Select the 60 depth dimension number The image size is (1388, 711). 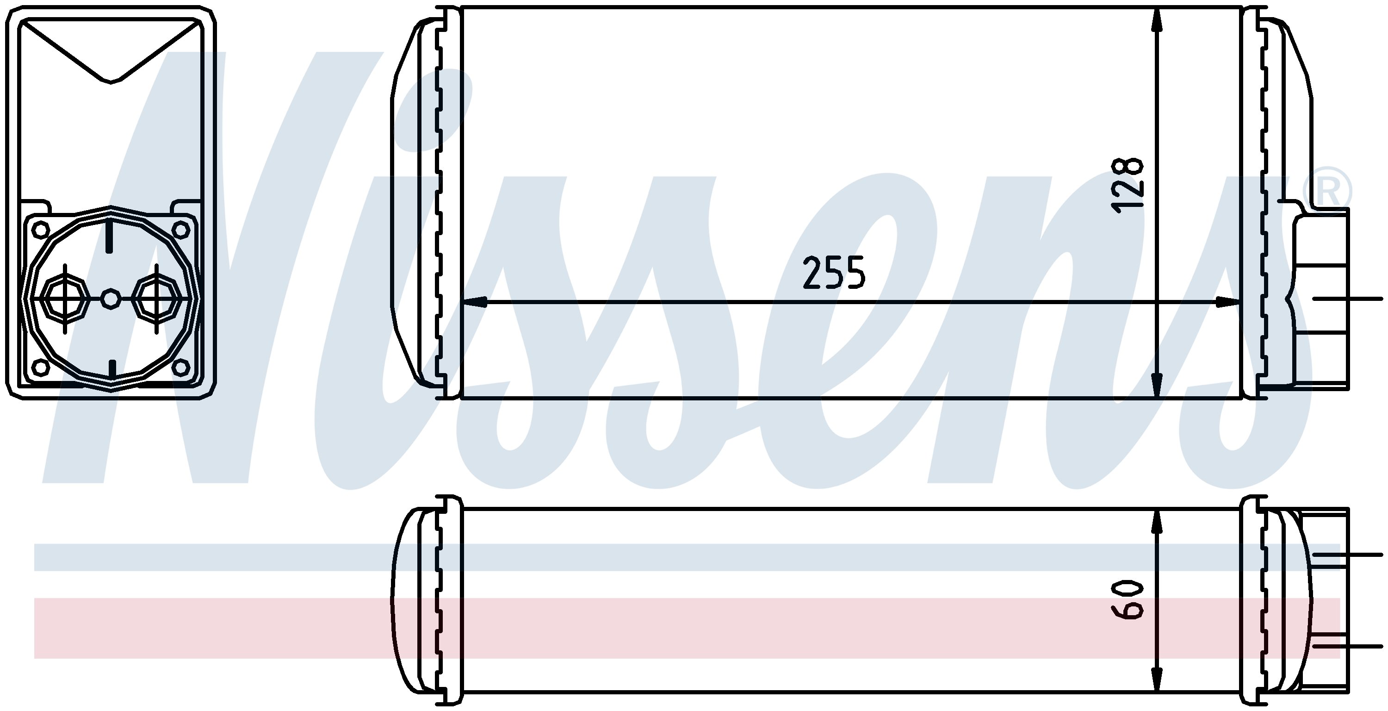tap(1127, 600)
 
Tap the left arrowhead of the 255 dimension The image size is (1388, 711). tap(475, 302)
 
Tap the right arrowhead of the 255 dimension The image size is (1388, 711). tap(1227, 302)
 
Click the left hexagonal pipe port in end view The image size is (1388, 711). tap(65, 299)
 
